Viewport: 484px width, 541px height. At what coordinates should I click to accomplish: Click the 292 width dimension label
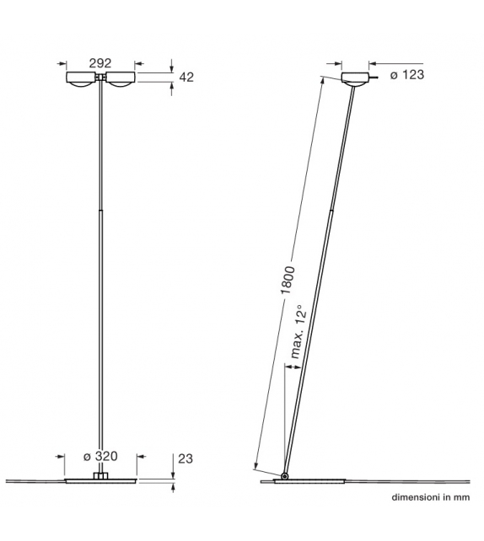(100, 62)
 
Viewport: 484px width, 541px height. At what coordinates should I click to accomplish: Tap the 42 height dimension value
(187, 78)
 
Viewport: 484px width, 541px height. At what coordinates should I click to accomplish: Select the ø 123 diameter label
(407, 75)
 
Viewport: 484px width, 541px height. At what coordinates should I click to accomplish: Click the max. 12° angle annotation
(297, 333)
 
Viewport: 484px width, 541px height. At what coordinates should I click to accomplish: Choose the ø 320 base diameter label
(100, 457)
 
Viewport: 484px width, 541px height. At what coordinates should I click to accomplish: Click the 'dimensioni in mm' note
(429, 499)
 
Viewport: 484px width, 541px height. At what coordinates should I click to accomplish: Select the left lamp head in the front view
(83, 79)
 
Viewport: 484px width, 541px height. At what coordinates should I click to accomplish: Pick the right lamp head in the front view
(119, 79)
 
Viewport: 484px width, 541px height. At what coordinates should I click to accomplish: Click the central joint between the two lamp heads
(101, 78)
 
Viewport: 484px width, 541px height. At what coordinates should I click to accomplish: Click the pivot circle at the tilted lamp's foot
(286, 478)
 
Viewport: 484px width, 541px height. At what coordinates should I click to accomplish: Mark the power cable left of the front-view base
(34, 481)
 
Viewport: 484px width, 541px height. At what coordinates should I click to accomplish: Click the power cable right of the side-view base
(405, 482)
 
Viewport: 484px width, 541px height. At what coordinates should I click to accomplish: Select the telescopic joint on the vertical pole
(101, 211)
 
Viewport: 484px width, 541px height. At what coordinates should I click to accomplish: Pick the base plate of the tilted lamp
(312, 482)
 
